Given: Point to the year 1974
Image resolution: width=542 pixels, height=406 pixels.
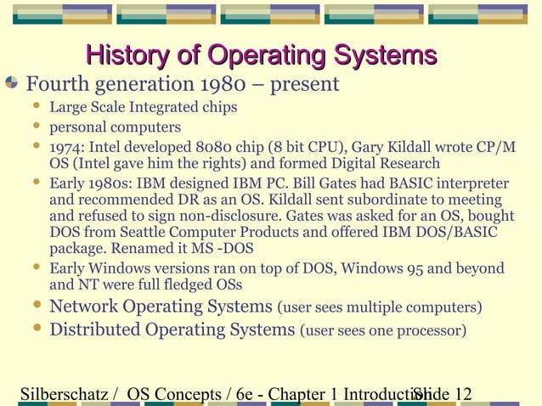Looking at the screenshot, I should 66,147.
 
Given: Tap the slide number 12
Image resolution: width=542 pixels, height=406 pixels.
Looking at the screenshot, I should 463,394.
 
